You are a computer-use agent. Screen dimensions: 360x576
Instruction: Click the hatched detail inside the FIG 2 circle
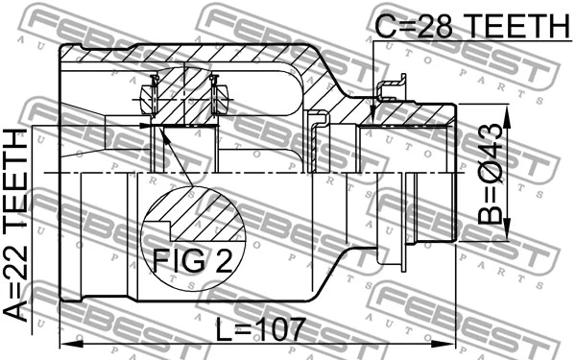[x=202, y=217]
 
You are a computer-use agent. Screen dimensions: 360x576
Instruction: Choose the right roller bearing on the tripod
[x=219, y=96]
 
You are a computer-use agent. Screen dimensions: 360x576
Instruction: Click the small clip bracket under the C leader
[x=388, y=91]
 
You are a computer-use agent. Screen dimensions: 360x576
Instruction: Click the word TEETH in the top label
[x=519, y=27]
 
